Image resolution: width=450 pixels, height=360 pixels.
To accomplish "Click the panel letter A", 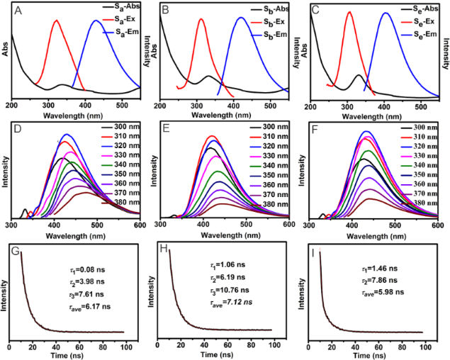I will [18, 10].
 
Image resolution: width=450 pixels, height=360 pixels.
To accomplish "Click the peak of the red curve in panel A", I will [57, 20].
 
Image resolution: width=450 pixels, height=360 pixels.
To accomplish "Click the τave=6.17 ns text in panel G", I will [75, 303].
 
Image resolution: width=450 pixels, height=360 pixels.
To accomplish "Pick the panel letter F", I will [315, 130].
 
